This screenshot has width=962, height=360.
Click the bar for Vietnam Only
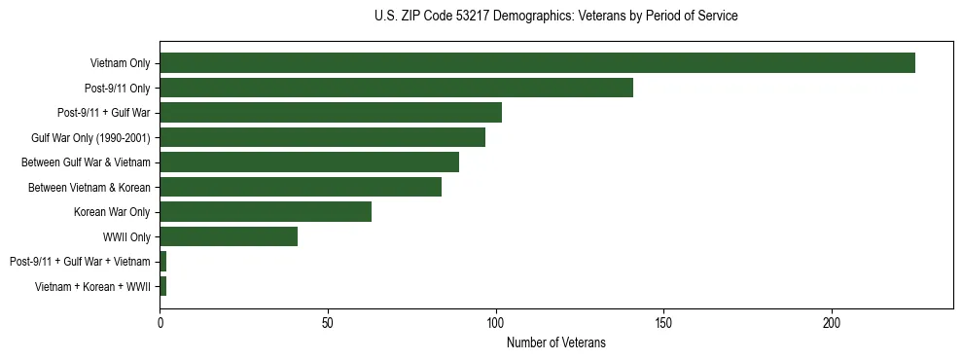[537, 63]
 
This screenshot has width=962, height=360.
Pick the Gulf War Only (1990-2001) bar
[322, 137]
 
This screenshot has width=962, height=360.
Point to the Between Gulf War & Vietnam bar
[309, 162]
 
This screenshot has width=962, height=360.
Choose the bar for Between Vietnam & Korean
[301, 187]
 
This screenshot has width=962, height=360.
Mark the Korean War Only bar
[266, 211]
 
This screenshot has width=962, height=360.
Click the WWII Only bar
[229, 236]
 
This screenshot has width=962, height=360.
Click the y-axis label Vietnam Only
[120, 63]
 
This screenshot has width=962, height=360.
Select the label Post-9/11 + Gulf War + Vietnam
[80, 261]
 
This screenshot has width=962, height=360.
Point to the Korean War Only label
[112, 211]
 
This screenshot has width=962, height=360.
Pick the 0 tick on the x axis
[160, 323]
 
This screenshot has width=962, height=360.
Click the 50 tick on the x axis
[328, 323]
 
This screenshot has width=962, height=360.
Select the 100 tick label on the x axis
[496, 323]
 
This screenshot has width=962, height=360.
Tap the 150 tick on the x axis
[663, 323]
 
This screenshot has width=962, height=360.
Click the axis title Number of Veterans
[556, 342]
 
